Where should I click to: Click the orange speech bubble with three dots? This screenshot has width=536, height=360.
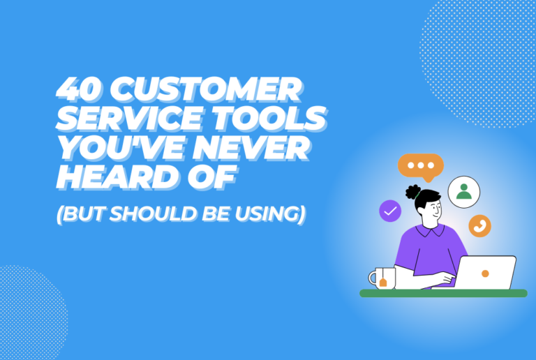point(420,166)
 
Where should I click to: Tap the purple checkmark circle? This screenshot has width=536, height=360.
point(390,211)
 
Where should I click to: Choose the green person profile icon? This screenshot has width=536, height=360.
point(464,190)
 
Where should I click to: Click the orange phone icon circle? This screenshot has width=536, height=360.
point(479,225)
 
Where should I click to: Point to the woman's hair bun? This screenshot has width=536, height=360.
point(412,191)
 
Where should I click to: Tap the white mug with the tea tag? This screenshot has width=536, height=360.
point(382,278)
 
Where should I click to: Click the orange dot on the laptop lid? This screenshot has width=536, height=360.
point(484,273)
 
